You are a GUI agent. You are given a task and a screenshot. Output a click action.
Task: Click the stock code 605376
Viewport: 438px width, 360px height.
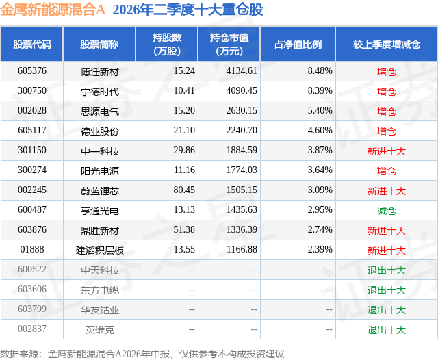click(32, 71)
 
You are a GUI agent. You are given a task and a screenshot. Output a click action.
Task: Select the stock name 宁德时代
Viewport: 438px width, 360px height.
click(100, 91)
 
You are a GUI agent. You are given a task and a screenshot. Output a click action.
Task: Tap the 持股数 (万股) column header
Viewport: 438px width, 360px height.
click(167, 44)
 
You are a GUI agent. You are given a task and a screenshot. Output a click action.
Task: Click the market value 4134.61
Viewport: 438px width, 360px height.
click(242, 71)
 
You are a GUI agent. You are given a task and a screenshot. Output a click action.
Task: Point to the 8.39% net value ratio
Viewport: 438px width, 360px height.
click(320, 91)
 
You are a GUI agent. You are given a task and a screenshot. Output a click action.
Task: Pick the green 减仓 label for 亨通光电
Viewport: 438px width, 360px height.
click(386, 211)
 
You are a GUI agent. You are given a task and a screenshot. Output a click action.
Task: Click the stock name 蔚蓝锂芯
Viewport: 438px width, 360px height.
click(100, 191)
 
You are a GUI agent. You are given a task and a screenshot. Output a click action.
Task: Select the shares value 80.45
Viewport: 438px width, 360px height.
click(184, 190)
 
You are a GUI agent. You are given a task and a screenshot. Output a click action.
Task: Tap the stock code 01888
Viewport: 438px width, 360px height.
click(32, 249)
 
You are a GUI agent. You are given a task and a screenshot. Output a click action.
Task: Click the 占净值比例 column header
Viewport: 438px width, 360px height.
click(298, 44)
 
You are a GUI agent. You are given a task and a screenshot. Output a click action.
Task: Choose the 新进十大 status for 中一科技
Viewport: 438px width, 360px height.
click(386, 151)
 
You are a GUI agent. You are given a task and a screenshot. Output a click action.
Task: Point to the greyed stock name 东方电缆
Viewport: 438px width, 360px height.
click(100, 290)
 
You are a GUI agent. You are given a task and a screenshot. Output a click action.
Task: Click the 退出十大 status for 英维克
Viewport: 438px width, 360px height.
click(386, 330)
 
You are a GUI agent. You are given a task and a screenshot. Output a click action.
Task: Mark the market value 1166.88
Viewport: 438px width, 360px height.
click(242, 249)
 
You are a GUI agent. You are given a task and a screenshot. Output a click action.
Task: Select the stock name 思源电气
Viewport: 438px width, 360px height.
click(100, 112)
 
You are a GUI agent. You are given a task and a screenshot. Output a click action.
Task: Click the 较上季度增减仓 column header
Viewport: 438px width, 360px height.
click(386, 44)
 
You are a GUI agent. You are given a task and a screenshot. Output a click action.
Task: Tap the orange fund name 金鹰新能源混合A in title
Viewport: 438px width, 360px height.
click(53, 10)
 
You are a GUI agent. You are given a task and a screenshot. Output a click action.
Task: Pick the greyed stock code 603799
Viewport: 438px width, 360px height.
click(32, 309)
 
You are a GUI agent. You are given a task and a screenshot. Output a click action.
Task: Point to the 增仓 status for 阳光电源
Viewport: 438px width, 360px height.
click(386, 171)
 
